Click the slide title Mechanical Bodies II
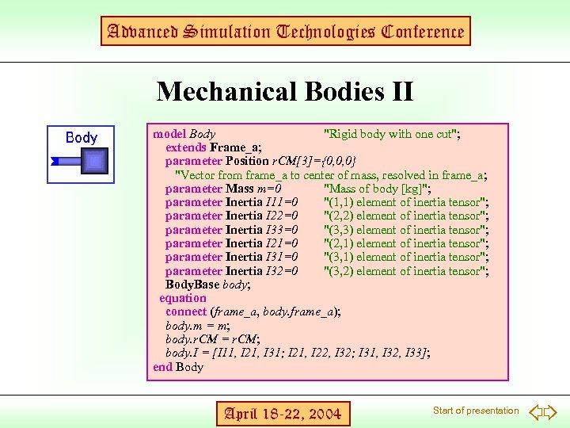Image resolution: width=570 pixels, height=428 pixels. coord(285,91)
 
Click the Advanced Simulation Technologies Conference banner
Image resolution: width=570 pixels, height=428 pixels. coord(285,32)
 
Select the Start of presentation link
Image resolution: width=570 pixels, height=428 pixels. coord(475,411)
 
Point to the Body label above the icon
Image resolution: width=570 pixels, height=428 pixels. coord(82,137)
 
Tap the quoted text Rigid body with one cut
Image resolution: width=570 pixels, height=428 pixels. coord(393,134)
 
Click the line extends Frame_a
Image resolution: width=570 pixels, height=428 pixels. coord(214,147)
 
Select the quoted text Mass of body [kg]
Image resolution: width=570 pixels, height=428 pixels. coord(377,189)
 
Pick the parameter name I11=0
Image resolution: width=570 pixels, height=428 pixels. coord(282,202)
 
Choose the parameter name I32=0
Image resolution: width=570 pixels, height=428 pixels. coord(282,271)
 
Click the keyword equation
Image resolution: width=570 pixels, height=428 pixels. coord(183,298)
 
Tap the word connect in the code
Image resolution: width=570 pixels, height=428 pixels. coord(186,312)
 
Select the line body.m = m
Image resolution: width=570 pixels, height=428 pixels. coord(198,326)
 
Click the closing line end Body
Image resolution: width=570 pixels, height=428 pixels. coord(178,367)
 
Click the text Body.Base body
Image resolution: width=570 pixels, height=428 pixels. coord(207,285)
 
